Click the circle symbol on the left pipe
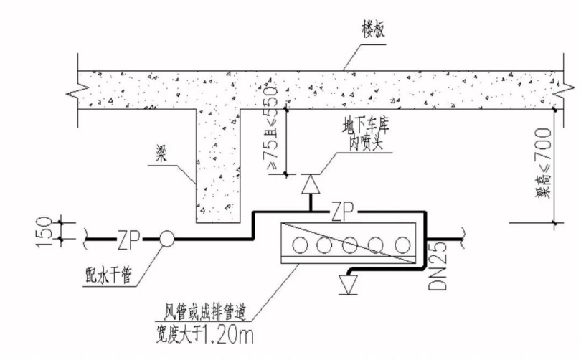click(x=167, y=238)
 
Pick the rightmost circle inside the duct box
click(x=402, y=245)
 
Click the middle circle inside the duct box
click(x=351, y=245)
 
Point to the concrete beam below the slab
click(x=219, y=165)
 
